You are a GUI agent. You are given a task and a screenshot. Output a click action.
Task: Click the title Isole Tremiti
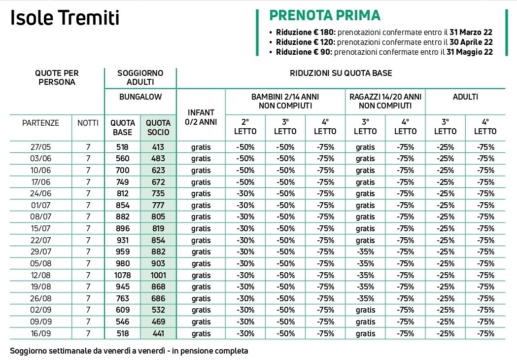pos(65,17)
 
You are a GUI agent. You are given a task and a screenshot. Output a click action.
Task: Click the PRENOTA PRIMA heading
pos(325,15)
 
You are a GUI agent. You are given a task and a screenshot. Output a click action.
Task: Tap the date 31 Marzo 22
pos(471,32)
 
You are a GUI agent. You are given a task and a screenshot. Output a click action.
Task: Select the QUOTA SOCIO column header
pos(158,127)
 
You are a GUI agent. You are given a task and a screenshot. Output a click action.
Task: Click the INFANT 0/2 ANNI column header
pos(201,117)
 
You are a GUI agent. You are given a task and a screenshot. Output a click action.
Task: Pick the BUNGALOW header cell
pos(140,97)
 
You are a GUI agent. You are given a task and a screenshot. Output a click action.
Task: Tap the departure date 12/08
pos(40,275)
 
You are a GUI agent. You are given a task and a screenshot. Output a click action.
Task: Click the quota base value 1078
pos(123,275)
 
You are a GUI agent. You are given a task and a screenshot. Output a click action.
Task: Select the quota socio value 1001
pos(158,275)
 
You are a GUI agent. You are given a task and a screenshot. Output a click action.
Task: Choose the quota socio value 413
pos(158,147)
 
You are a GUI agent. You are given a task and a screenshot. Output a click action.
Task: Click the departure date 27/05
pos(40,147)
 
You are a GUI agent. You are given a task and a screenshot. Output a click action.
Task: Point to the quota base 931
pos(123,240)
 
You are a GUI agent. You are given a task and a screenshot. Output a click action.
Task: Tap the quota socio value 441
pos(158,333)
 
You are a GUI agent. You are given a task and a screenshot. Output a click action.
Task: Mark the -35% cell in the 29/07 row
pos(365,252)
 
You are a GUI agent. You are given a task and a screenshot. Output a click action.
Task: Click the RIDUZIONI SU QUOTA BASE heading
pos(341,73)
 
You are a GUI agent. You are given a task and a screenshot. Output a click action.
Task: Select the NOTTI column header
pos(88,123)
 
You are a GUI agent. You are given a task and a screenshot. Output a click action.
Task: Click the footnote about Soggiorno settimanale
pos(129,351)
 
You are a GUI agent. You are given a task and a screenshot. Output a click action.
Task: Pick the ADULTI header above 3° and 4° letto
pos(465,97)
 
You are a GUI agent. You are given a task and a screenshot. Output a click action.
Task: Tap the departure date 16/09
pos(40,333)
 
